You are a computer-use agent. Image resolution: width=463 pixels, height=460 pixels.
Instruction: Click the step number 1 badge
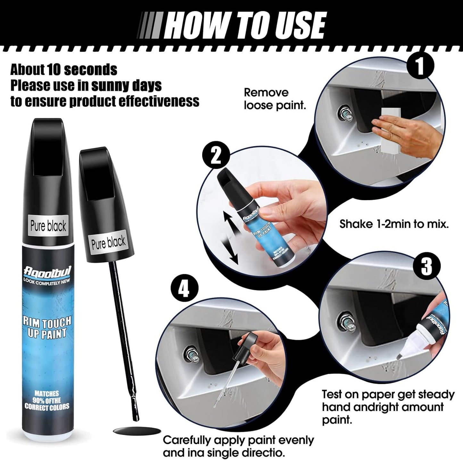(x=420, y=66)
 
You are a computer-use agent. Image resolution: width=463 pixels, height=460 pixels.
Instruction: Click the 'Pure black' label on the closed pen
(x=48, y=226)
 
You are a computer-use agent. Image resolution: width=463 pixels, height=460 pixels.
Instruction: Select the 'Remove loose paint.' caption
(x=275, y=99)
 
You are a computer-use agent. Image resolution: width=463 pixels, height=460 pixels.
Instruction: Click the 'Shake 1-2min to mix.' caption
(x=393, y=224)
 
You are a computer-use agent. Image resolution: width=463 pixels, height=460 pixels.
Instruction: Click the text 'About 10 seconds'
(x=64, y=69)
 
